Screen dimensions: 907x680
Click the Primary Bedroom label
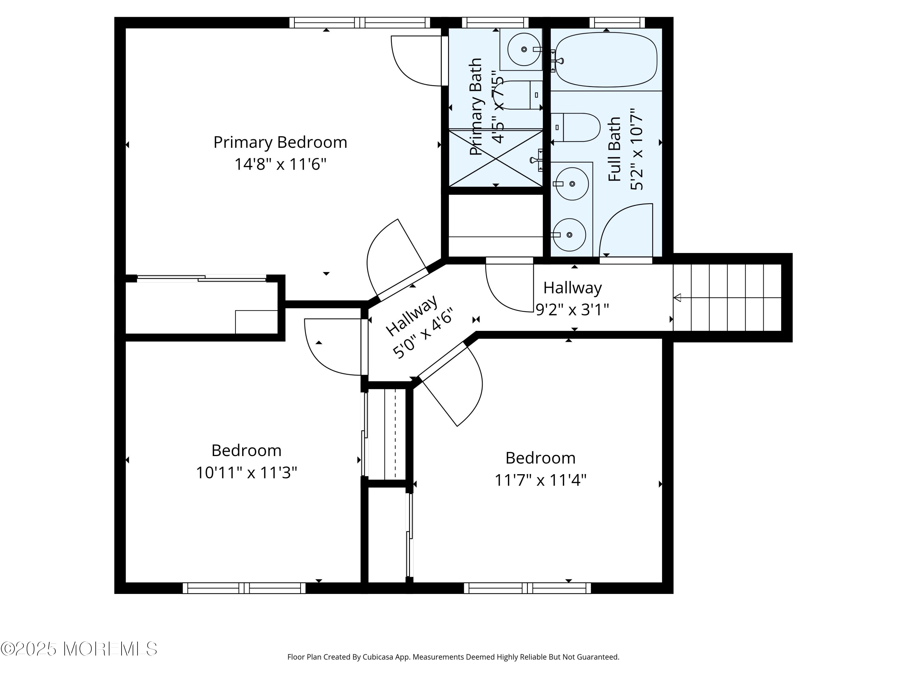(x=280, y=143)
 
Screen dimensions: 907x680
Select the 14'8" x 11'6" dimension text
(x=280, y=164)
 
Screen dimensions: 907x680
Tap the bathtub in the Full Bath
(x=606, y=60)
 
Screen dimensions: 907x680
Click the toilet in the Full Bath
(x=576, y=128)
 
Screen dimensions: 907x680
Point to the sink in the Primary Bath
(x=524, y=49)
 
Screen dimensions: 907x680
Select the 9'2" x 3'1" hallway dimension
(x=572, y=309)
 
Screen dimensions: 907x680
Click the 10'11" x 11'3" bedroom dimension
(x=246, y=473)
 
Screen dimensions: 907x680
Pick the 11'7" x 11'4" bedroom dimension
(x=541, y=480)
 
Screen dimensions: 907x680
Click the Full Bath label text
(x=614, y=149)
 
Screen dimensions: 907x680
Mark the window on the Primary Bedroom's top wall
(x=359, y=23)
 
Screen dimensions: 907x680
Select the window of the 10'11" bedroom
(x=244, y=588)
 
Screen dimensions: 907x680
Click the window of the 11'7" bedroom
(x=527, y=588)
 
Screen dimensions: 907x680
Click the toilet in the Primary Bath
(x=519, y=95)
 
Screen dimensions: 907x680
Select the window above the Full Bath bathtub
(x=617, y=23)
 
